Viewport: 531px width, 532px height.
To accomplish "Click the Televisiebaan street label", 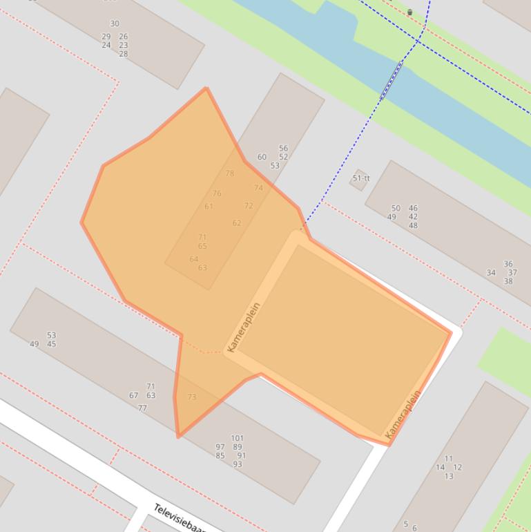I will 180,518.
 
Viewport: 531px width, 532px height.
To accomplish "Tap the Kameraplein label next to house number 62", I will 244,327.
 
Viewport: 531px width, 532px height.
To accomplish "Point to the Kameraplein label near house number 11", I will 404,415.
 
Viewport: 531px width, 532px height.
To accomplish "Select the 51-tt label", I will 361,178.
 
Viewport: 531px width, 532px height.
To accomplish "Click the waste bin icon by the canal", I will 409,12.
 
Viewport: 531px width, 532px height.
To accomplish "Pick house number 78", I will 230,173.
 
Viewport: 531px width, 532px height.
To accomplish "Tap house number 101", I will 237,438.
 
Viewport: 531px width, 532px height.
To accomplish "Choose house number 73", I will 192,397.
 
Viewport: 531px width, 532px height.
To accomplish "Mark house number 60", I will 262,157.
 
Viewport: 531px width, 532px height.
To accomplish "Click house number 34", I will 491,273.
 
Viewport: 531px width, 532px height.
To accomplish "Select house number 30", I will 115,23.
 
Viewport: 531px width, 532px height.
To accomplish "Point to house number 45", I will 52,344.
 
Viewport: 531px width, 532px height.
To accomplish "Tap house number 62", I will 237,223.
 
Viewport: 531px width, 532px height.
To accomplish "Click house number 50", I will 396,208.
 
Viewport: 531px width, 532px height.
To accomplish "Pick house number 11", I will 449,459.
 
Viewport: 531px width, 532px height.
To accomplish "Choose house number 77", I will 142,408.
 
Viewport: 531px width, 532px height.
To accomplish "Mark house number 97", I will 220,447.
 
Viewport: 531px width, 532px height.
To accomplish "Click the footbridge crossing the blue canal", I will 391,82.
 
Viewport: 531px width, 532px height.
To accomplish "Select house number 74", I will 258,188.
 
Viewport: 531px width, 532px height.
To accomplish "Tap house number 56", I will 283,149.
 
